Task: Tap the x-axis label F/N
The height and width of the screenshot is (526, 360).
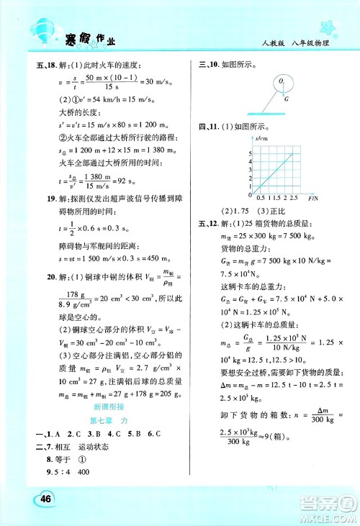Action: click(x=313, y=197)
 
